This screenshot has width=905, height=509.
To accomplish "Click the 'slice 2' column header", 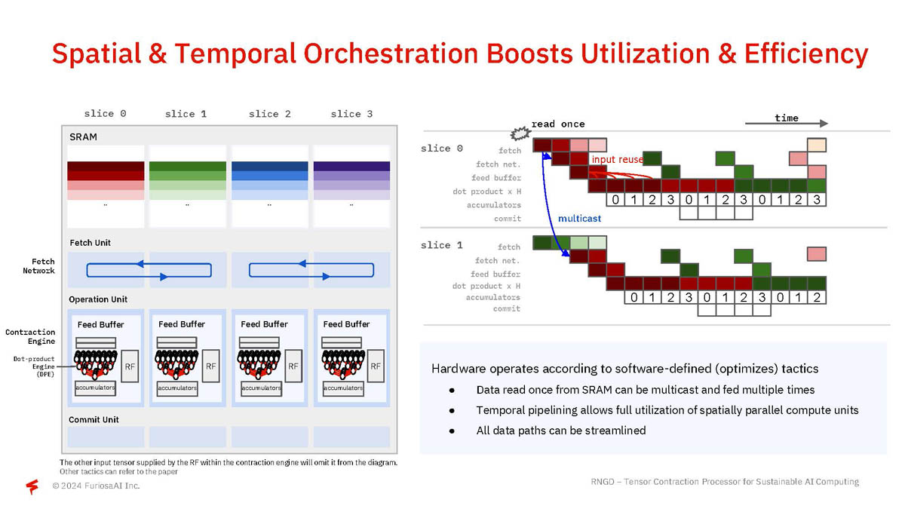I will point(269,114).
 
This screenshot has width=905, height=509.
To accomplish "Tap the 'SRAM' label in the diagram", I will point(83,137).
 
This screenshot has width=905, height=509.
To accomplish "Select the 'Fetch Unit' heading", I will point(90,243).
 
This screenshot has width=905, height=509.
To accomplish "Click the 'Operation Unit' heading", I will point(99,299).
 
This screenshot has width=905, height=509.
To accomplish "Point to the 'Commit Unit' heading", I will point(94,419).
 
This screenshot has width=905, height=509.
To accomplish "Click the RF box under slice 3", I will point(376,366).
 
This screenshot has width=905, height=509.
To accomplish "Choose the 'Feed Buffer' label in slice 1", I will point(182,324).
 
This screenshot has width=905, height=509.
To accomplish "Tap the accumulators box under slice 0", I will point(95,388).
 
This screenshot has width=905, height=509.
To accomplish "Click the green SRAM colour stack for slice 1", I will point(188,181).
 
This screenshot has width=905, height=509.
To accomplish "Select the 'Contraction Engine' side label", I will point(30,336).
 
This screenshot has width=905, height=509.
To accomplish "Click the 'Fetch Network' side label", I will point(38,265).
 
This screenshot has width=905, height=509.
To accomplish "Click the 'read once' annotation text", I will point(558,124).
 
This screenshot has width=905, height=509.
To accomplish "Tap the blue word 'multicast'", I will point(580,219).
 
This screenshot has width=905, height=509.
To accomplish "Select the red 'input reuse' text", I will point(617,160).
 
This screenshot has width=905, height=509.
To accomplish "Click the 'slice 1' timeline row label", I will point(441,245).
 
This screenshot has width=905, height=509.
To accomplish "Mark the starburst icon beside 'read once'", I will point(519,133).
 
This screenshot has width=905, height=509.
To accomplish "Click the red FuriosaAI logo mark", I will point(32,486).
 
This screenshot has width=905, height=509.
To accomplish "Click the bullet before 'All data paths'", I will point(451,431).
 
